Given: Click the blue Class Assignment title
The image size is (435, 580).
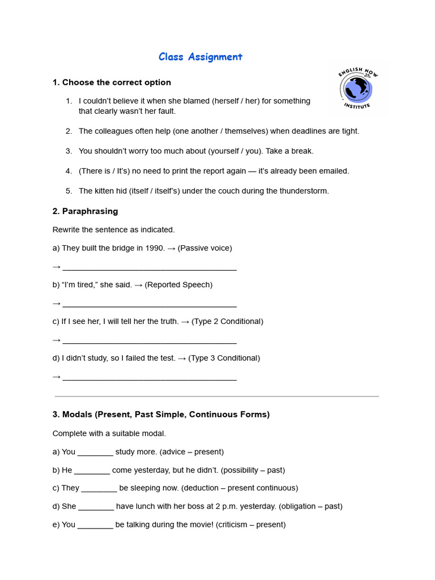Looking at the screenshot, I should pyautogui.click(x=200, y=57).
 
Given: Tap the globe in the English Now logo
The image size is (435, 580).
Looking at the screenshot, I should pyautogui.click(x=357, y=88).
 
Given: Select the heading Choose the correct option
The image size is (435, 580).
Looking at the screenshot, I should pyautogui.click(x=112, y=83).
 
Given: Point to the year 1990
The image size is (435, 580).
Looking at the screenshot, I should pyautogui.click(x=155, y=248).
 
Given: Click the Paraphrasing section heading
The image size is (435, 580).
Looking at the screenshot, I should pyautogui.click(x=85, y=211).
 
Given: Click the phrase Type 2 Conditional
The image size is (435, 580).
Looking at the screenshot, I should pyautogui.click(x=227, y=321).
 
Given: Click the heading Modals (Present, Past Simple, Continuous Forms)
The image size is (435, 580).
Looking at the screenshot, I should pyautogui.click(x=161, y=415).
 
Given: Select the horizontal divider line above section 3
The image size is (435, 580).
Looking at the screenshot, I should pyautogui.click(x=217, y=396).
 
